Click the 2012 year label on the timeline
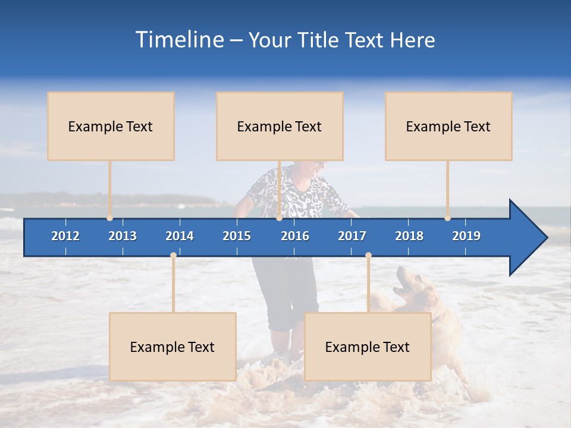(x=65, y=236)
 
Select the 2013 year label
(x=123, y=236)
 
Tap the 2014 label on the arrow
(x=180, y=236)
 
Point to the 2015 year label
(x=237, y=236)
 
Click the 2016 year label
(x=295, y=236)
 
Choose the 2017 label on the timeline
(x=352, y=236)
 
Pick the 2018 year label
(x=409, y=236)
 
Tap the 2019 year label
(x=466, y=236)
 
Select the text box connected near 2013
(x=111, y=126)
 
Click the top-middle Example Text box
(x=280, y=126)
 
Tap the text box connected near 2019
(x=448, y=126)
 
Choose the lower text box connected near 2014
(x=172, y=347)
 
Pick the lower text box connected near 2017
(x=368, y=347)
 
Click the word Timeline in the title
(x=179, y=40)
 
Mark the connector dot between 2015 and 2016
(x=279, y=218)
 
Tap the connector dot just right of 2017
(x=368, y=256)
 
